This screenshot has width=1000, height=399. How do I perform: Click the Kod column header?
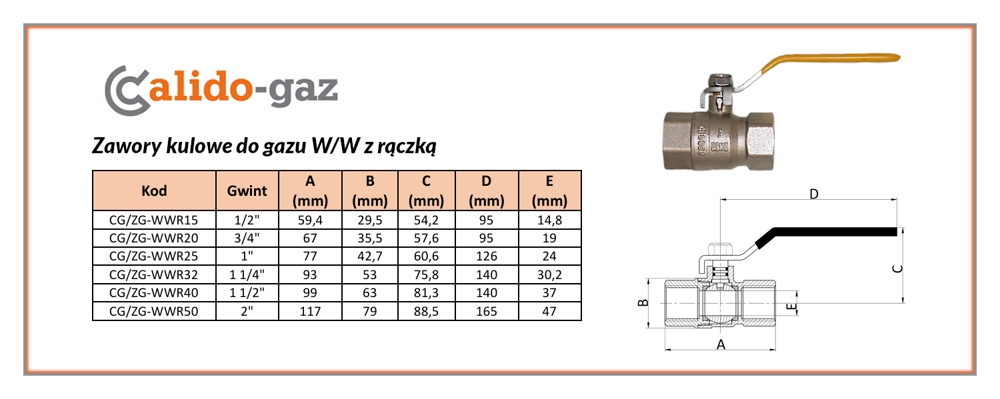(154, 191)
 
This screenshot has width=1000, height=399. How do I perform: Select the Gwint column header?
(247, 191)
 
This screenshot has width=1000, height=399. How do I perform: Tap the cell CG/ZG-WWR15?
(153, 220)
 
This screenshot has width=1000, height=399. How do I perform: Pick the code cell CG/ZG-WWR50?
(153, 311)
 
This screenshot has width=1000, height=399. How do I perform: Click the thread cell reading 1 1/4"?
(247, 274)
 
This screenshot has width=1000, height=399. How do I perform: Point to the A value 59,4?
(310, 220)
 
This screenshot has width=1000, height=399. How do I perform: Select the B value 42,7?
(369, 256)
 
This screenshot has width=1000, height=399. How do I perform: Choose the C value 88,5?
(426, 311)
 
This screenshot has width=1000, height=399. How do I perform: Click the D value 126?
(486, 256)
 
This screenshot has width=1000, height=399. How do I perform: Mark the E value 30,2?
(549, 274)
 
